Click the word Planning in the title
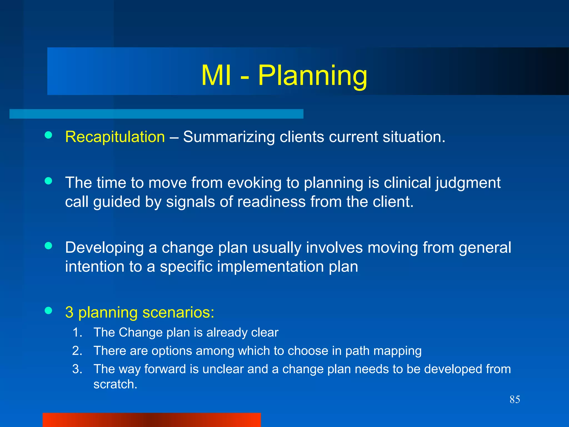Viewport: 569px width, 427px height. [x=313, y=76]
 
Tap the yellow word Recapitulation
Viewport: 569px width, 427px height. [x=115, y=137]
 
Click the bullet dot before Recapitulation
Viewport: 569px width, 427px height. [x=48, y=135]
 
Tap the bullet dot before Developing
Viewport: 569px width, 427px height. [x=48, y=246]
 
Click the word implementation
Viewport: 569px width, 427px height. [x=270, y=267]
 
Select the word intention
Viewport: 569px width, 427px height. [x=94, y=267]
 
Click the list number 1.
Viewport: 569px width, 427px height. [x=77, y=332]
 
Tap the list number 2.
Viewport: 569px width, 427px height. [x=77, y=351]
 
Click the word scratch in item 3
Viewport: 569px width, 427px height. [x=115, y=384]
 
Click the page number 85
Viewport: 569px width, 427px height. [x=515, y=399]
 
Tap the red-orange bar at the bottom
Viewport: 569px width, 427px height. [x=152, y=420]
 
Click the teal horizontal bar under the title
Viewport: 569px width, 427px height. [x=156, y=114]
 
